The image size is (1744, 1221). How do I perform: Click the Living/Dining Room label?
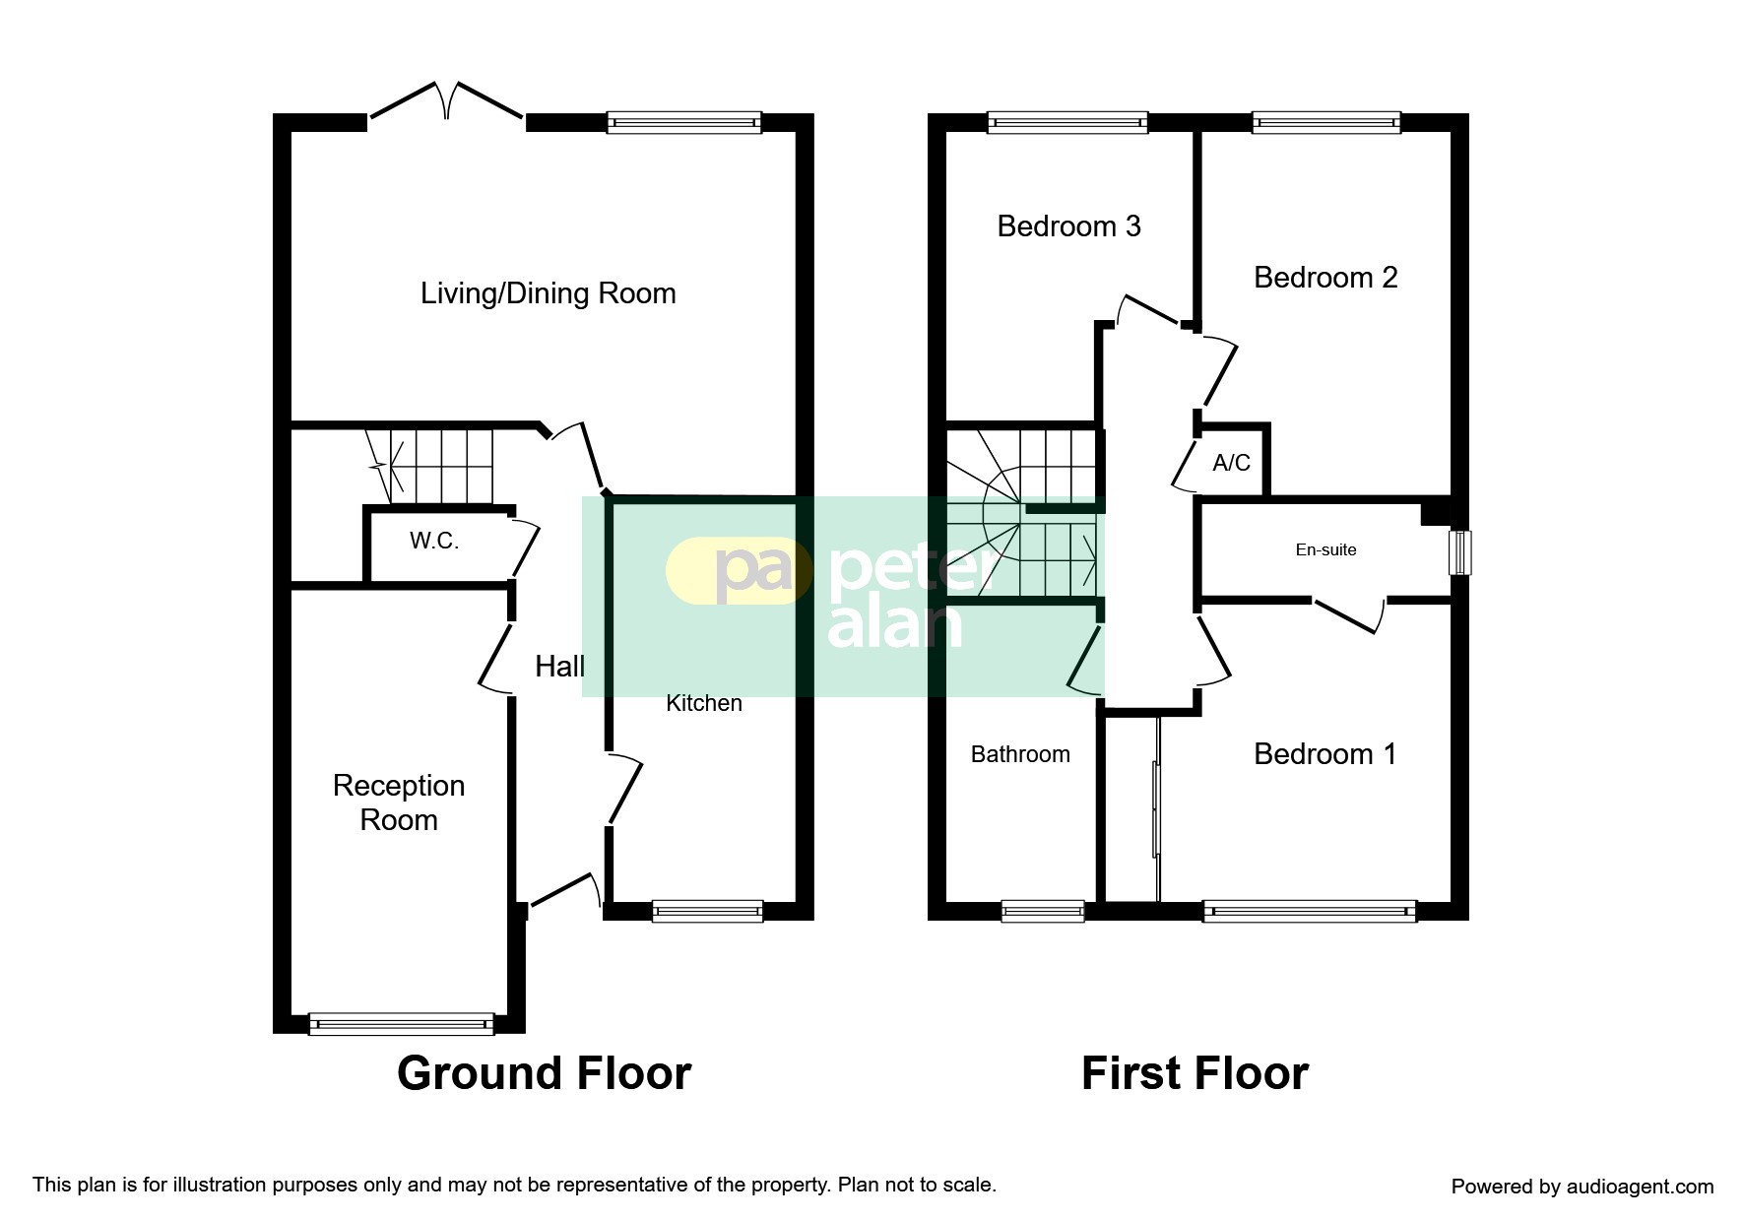(x=548, y=293)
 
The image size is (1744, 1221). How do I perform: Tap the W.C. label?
(x=434, y=541)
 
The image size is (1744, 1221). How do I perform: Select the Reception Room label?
(x=399, y=803)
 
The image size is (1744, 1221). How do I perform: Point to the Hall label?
(x=559, y=667)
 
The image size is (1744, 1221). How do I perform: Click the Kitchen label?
(x=704, y=703)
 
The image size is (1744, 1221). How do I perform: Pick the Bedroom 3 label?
(x=1068, y=226)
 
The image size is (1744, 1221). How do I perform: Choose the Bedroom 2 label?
(x=1325, y=278)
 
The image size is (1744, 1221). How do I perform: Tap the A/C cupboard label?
(x=1231, y=463)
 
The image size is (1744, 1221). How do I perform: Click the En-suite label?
(x=1325, y=549)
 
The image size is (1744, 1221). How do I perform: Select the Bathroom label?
(x=1020, y=754)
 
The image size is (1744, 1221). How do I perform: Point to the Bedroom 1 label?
(x=1324, y=754)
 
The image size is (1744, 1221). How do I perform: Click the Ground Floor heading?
(x=544, y=1073)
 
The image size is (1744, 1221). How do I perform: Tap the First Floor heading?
(x=1195, y=1073)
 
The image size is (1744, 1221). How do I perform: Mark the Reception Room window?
(x=401, y=1024)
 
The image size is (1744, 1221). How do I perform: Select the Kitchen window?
(x=707, y=911)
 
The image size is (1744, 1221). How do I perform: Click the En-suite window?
(x=1460, y=553)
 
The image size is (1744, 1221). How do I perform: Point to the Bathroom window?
(x=1043, y=911)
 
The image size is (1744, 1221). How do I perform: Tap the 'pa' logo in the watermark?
(x=753, y=571)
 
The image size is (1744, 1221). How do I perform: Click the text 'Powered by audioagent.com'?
(x=1583, y=1187)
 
